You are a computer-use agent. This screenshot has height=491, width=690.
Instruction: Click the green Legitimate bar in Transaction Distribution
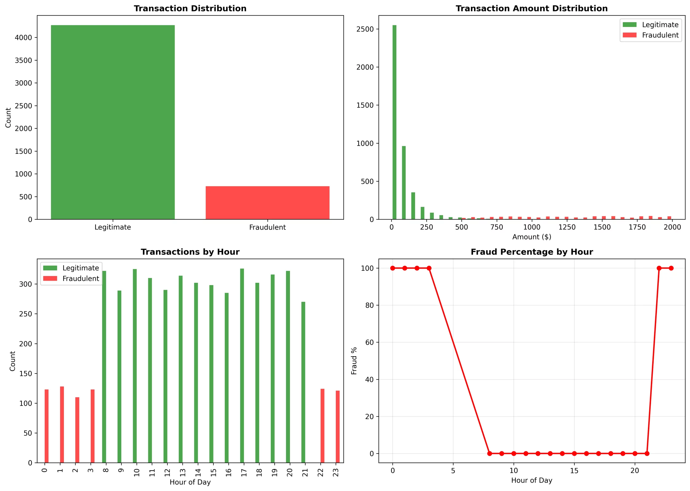pos(113,122)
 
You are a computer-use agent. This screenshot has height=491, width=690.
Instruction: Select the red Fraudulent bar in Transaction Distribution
pos(267,203)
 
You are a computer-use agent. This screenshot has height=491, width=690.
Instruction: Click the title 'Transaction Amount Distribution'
pos(532,8)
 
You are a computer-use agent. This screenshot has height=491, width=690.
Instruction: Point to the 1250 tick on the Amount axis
pos(567,227)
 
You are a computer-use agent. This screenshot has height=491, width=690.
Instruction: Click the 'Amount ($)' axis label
pos(532,237)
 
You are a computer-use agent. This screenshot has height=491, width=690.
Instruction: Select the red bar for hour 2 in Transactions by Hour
pos(77,430)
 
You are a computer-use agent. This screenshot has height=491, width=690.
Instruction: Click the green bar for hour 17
pos(242,365)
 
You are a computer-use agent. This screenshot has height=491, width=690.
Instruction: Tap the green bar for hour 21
pos(303,382)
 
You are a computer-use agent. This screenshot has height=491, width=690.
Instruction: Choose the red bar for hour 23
pos(338,427)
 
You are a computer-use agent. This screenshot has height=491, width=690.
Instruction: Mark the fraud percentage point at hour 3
pos(429,268)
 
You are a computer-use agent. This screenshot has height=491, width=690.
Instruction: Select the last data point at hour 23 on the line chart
pos(671,268)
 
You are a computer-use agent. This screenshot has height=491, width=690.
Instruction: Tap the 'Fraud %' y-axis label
pos(354,361)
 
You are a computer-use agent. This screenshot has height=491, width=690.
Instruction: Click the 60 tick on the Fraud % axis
pos(369,342)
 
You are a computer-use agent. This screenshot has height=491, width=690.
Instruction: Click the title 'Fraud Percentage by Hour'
pos(532,252)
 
